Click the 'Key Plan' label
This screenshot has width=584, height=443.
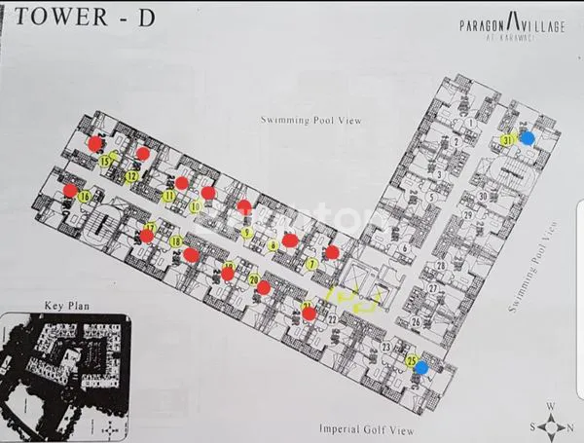tap(61, 306)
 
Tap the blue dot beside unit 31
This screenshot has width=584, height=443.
tap(527, 138)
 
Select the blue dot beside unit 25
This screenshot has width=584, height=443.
tap(420, 367)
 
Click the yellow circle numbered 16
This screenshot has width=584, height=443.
tap(86, 198)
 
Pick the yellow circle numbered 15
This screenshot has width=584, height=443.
tap(105, 161)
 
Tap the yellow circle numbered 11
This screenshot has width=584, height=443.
tap(168, 196)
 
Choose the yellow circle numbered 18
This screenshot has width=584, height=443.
tap(176, 241)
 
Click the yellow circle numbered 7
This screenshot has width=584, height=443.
tap(311, 264)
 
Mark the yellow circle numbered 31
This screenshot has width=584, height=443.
tap(508, 140)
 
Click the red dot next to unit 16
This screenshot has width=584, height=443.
tap(71, 190)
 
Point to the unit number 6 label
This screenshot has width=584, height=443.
tap(403, 246)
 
